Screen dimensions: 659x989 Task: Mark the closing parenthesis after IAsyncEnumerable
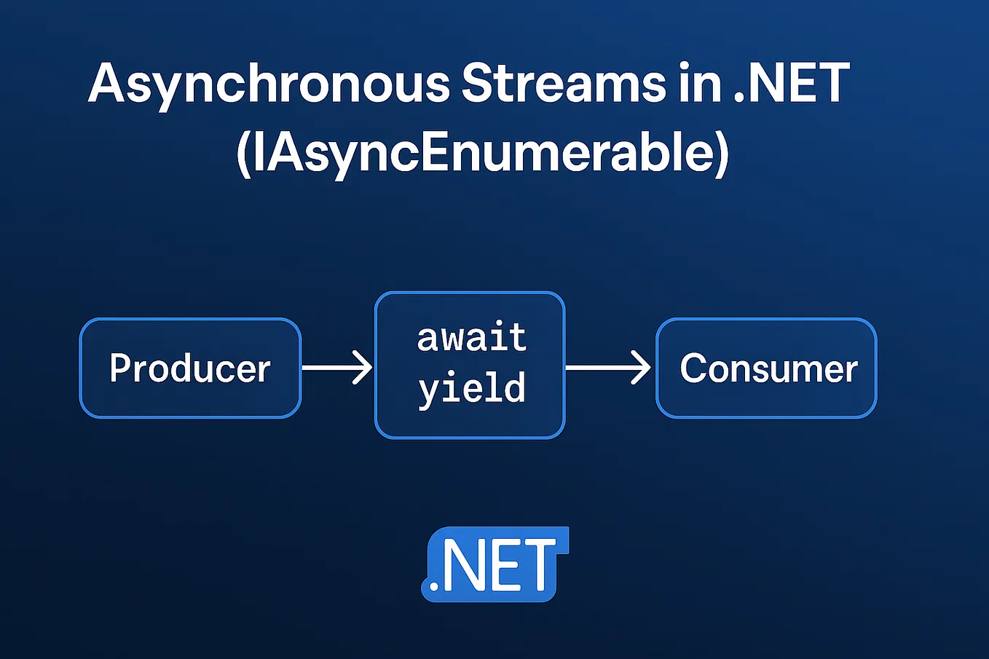tap(721, 154)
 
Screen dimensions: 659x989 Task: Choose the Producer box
tap(190, 368)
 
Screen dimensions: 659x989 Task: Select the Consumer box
tap(766, 368)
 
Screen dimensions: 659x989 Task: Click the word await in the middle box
tap(471, 338)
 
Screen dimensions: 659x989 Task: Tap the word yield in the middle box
tap(471, 387)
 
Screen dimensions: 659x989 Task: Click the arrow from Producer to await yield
tap(337, 368)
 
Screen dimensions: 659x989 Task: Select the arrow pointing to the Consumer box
tap(609, 367)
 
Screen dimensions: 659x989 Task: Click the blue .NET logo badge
tap(494, 565)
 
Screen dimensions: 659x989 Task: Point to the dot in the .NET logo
tap(435, 585)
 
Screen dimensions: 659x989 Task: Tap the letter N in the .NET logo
tap(464, 565)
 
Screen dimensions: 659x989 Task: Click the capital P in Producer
tap(121, 368)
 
